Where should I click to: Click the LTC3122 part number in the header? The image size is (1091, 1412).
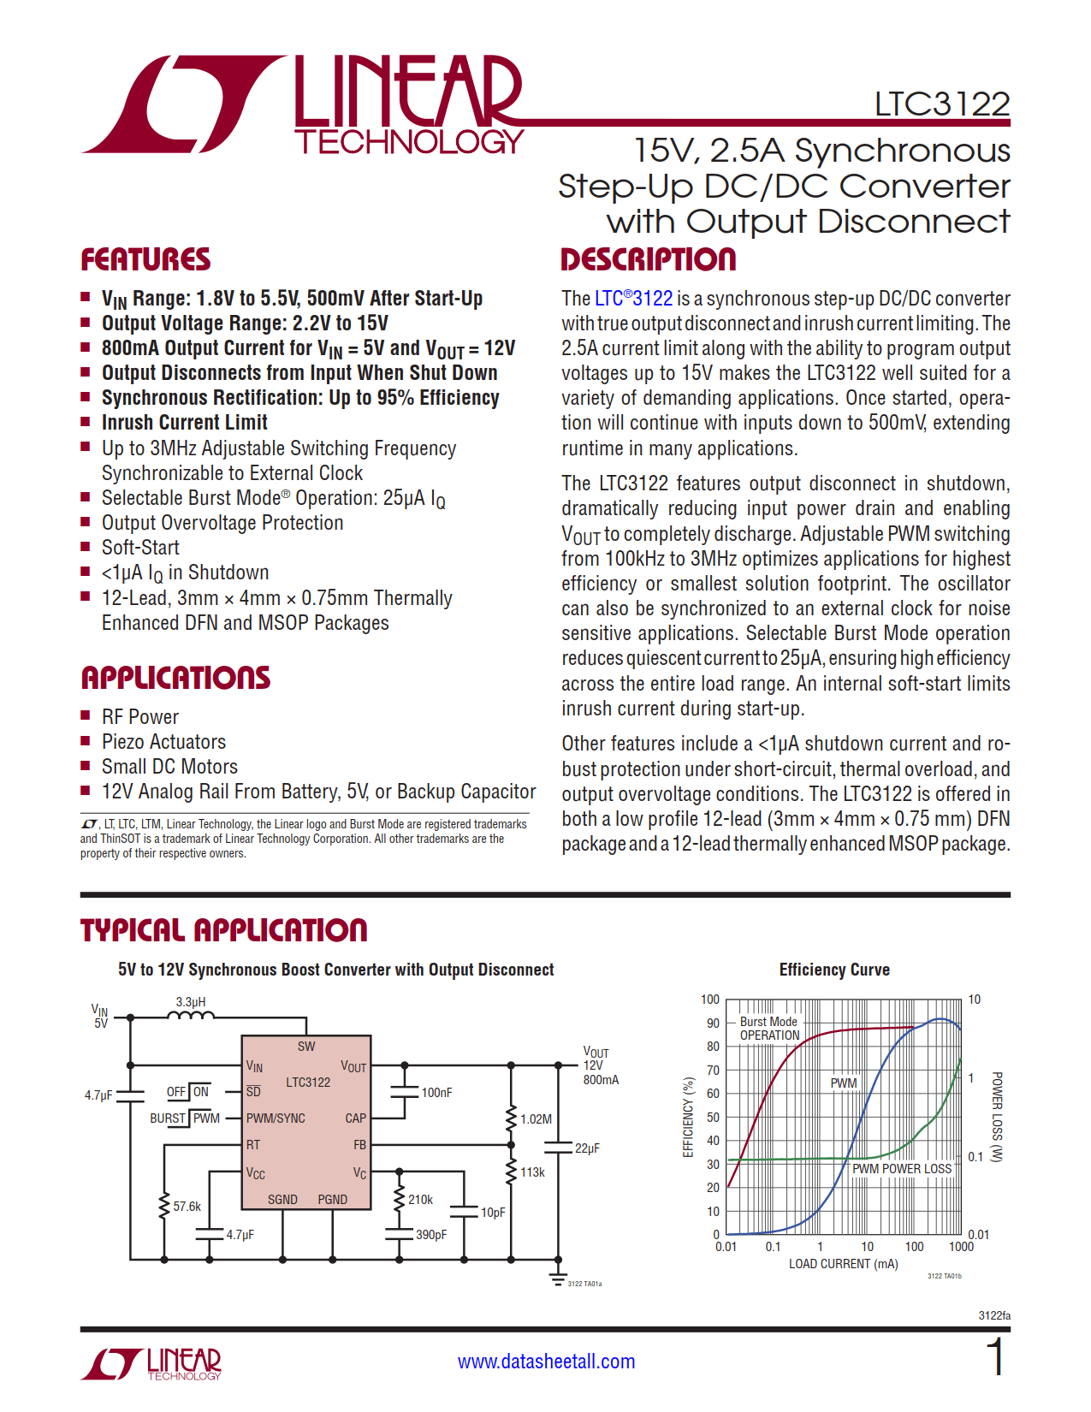coord(941,104)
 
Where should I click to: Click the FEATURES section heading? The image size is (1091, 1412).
coord(145,260)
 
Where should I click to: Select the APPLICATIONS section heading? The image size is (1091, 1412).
coord(175,678)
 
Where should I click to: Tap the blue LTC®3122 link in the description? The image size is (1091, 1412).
coord(633,299)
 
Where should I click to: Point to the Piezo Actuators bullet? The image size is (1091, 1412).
coord(163,742)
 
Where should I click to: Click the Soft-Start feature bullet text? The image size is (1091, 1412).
coord(140,548)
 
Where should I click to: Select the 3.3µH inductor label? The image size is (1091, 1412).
coord(191,1002)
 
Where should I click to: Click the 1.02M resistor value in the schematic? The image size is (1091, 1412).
coord(536,1119)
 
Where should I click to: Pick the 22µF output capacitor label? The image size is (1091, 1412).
coord(587,1148)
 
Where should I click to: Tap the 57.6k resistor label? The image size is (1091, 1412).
coord(187,1207)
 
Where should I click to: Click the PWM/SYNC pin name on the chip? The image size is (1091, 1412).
coord(276,1118)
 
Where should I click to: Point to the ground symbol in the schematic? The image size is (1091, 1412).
coord(558,1279)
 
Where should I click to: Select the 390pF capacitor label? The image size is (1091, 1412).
coord(431,1235)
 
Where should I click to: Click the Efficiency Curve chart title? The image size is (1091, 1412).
coord(834,970)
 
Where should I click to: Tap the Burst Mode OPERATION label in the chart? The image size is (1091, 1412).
coord(769,1029)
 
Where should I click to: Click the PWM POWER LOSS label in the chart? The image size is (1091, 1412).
coord(902,1169)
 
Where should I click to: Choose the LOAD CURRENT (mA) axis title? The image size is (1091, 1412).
coord(843,1264)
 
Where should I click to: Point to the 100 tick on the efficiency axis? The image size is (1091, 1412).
coord(710,1000)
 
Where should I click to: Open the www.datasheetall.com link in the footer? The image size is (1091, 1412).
coord(546,1362)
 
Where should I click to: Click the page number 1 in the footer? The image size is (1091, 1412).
coord(995,1358)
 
